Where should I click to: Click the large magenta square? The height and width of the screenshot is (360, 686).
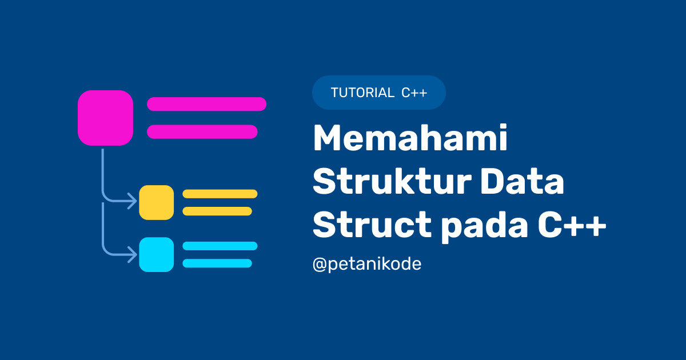105,118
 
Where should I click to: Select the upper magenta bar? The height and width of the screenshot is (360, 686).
206,104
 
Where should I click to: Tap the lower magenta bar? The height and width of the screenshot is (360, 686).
202,131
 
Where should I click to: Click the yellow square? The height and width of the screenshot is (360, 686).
156,202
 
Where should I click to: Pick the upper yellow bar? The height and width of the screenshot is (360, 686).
220,194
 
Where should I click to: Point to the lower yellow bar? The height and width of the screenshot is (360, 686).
217,211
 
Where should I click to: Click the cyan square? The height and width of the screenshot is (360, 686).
156,254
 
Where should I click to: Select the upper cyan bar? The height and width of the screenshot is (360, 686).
220,246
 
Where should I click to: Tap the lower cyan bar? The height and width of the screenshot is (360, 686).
217,263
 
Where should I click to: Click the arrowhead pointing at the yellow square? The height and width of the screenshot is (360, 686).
133,201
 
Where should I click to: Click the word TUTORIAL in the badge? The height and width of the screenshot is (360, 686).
362,93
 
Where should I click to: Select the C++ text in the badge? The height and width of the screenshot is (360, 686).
414,93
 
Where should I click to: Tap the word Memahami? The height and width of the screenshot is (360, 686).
410,140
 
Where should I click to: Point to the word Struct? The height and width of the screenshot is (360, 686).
372,227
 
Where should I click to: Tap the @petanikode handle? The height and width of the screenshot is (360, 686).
366,265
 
